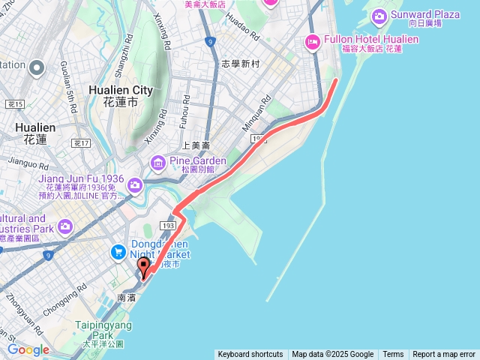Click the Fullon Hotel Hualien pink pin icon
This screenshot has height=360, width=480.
(312, 43)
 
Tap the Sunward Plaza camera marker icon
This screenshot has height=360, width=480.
(379, 15)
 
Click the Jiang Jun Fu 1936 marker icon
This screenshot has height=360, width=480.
(134, 184)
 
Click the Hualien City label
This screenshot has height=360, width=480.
(121, 94)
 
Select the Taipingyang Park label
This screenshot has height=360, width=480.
(103, 330)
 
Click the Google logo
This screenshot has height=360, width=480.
(28, 349)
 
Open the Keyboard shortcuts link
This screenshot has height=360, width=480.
(250, 355)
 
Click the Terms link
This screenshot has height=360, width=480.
(393, 355)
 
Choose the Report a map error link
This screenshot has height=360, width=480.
(444, 355)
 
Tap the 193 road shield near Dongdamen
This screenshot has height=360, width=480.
(169, 225)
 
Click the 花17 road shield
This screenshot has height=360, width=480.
(82, 142)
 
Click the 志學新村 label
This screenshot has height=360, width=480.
(240, 64)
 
